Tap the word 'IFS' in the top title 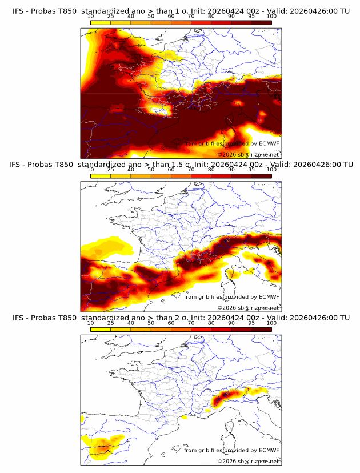tap(18, 11)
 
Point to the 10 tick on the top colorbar tap(90, 16)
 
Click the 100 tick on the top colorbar tap(271, 16)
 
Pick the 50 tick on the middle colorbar tap(151, 169)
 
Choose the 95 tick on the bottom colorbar tap(251, 323)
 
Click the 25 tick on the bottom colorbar tap(111, 323)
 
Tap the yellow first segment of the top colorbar tap(101, 22)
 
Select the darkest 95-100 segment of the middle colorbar tap(261, 176)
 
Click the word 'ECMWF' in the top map tap(269, 143)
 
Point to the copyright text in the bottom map tap(249, 462)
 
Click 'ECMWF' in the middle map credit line tap(269, 297)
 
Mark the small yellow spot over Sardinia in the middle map tap(230, 274)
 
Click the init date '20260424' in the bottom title tap(222, 318)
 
